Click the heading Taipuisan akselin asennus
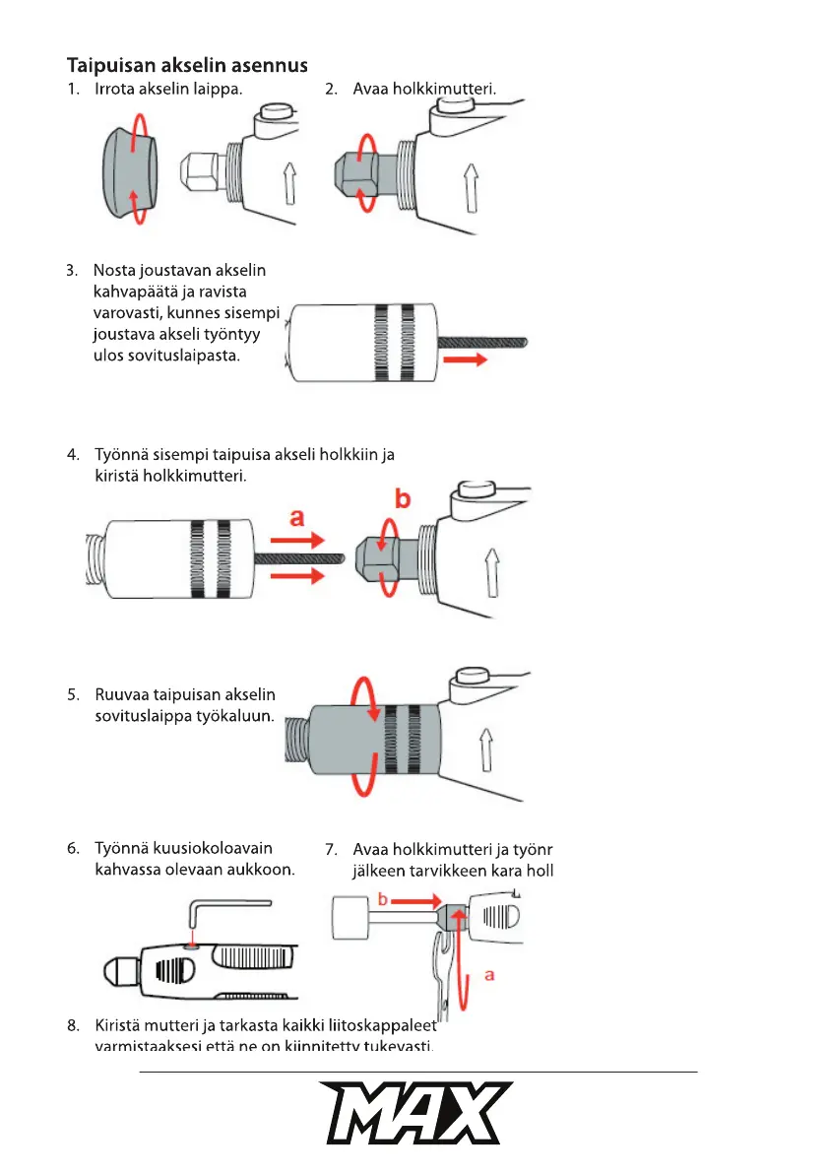click(187, 66)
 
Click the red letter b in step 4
click(402, 499)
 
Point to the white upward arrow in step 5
click(486, 749)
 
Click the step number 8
click(73, 1025)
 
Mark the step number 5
click(73, 694)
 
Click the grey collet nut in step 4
click(378, 556)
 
